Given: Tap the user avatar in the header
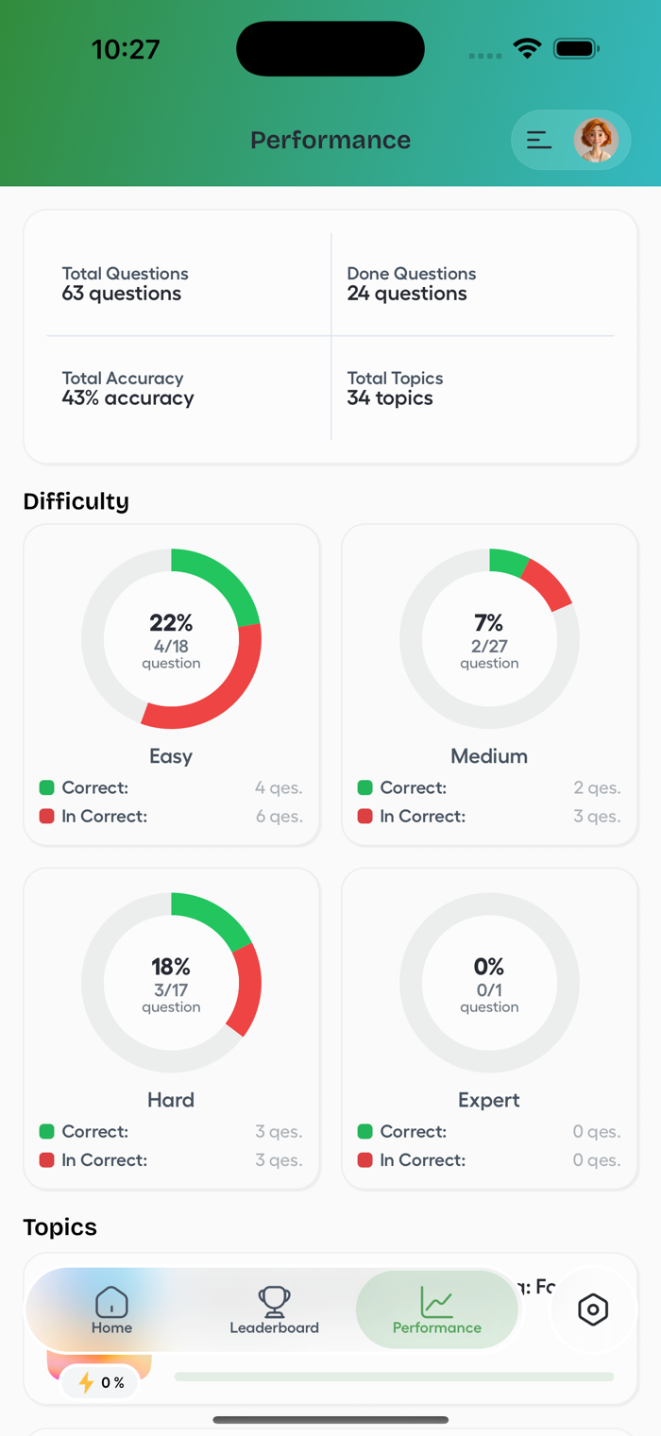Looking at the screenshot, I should [x=596, y=141].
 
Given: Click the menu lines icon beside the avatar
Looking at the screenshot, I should [x=539, y=140].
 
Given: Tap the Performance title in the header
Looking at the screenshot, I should [x=330, y=141].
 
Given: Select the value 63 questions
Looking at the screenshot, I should [x=122, y=294].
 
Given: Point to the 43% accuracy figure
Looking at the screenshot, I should [x=127, y=398].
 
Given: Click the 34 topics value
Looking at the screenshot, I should [x=390, y=398].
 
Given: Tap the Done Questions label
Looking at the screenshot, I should [x=412, y=274].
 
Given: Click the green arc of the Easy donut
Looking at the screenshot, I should [x=227, y=578].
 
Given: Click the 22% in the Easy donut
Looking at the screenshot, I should [x=171, y=623].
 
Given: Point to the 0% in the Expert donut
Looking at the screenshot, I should [x=489, y=967].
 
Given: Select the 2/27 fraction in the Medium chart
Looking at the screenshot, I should [x=489, y=646].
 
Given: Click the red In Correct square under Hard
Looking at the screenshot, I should [x=46, y=1160].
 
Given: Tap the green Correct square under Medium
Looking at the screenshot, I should [x=364, y=787].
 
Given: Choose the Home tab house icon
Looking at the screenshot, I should [x=111, y=1302].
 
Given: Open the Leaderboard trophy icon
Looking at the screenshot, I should [x=275, y=1302].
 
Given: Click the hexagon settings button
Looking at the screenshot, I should [x=593, y=1309].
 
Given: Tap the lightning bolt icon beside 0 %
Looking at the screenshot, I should [x=86, y=1383].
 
